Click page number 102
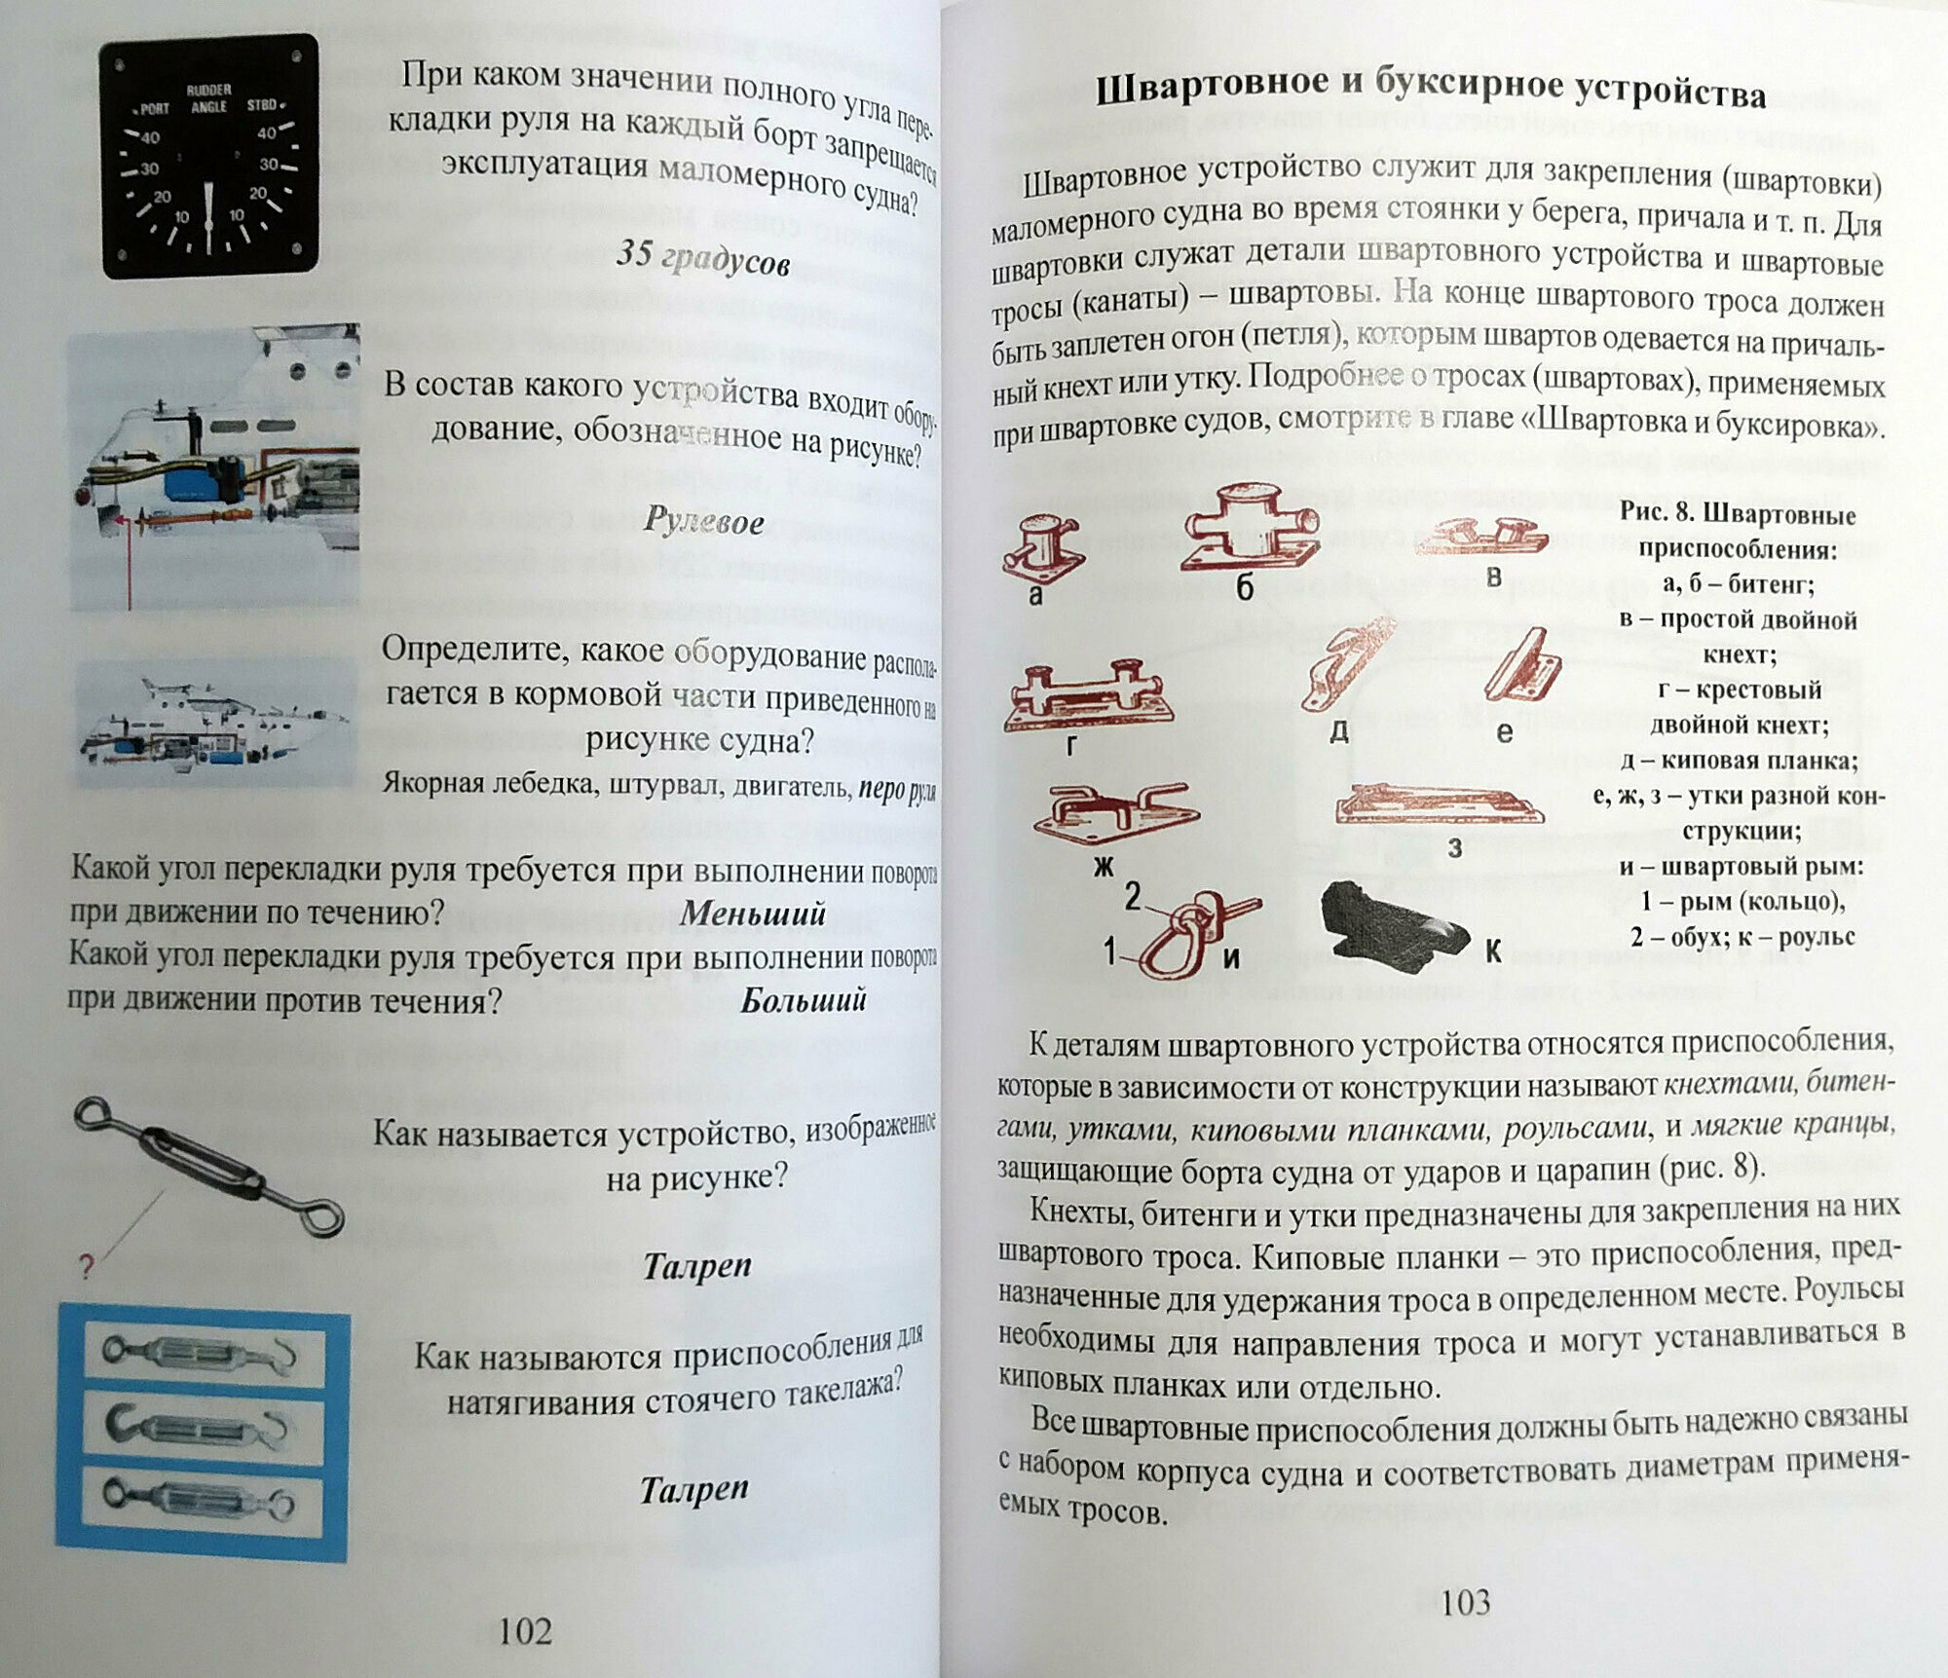click(x=525, y=1630)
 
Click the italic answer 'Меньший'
click(x=752, y=913)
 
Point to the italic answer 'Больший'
click(x=803, y=1000)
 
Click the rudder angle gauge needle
click(x=209, y=215)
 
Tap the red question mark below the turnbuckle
click(x=86, y=1268)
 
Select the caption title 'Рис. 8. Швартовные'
click(x=1737, y=514)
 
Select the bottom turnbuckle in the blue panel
click(x=202, y=1502)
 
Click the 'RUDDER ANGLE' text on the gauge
click(x=207, y=98)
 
